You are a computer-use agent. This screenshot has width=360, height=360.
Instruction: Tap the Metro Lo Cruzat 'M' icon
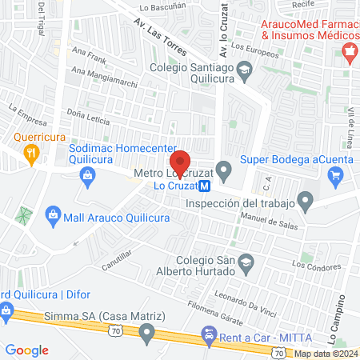pos(205,186)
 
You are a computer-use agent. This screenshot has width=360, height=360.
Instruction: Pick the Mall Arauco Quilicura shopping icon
pos(53,214)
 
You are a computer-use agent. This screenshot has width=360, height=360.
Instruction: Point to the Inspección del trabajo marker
pos(305,200)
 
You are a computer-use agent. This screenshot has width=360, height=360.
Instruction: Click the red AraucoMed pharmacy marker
pos(349,53)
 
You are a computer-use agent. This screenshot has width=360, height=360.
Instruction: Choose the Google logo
pos(27,350)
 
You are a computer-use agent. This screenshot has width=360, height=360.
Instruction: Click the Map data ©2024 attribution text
pos(324,354)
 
